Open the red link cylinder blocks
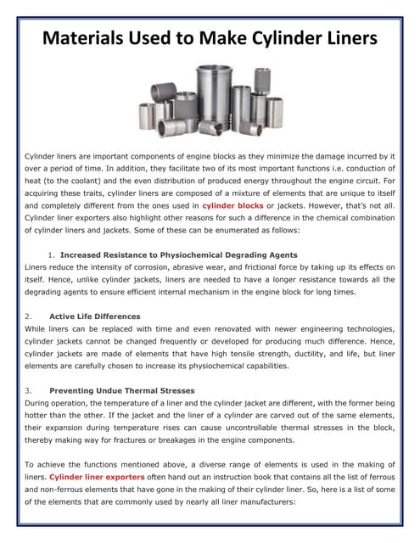pos(232,205)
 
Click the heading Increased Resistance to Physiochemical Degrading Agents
pos(178,255)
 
